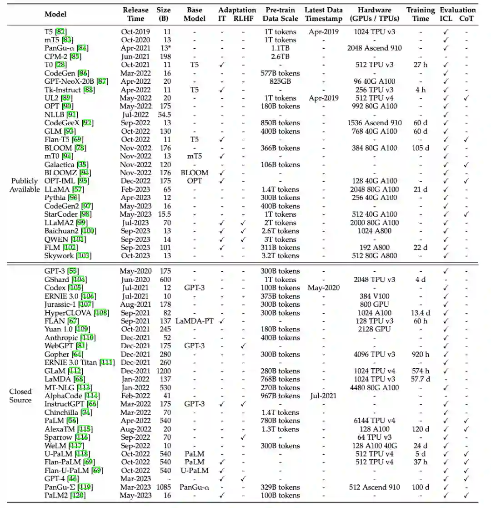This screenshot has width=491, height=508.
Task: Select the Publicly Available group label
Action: [25, 185]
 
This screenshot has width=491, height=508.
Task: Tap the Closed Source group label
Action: [21, 396]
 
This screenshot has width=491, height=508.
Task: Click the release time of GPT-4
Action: [135, 478]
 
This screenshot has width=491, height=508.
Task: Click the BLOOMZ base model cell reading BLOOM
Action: [195, 173]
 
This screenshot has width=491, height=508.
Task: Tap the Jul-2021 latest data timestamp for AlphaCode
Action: [323, 396]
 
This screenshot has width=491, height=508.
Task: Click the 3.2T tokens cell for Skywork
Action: [281, 256]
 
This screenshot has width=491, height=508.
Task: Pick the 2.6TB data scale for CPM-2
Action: [281, 56]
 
